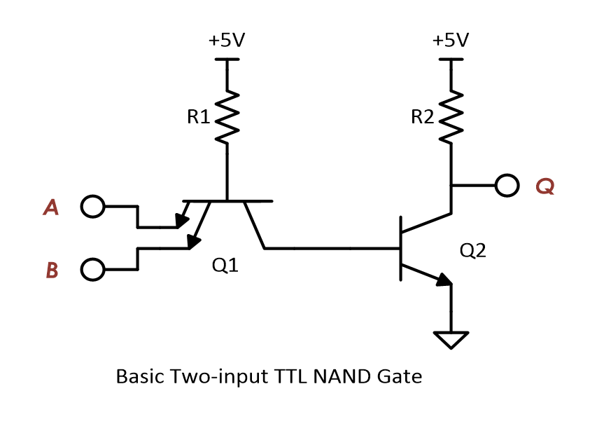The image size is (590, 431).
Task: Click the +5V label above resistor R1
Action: click(x=227, y=40)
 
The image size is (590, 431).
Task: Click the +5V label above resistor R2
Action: click(x=451, y=40)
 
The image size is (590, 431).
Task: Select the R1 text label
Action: click(x=199, y=117)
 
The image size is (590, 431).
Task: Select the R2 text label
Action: click(x=423, y=117)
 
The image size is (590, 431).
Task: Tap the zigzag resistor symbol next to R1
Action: click(x=227, y=117)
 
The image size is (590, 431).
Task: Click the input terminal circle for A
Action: click(x=92, y=207)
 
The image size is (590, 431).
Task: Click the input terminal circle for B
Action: click(x=92, y=269)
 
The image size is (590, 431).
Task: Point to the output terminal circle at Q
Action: click(x=507, y=186)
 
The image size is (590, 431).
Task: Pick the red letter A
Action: click(x=50, y=207)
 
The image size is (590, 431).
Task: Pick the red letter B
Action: click(x=52, y=270)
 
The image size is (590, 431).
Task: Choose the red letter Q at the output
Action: click(x=545, y=186)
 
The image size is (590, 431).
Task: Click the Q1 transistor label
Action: click(x=224, y=266)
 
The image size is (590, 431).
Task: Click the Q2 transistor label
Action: click(x=472, y=250)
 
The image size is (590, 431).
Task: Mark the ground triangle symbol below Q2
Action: click(x=451, y=340)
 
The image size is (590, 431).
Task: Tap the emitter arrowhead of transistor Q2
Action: click(x=443, y=280)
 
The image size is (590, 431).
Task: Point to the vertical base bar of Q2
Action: click(x=400, y=249)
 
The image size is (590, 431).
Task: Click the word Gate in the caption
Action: click(x=401, y=376)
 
